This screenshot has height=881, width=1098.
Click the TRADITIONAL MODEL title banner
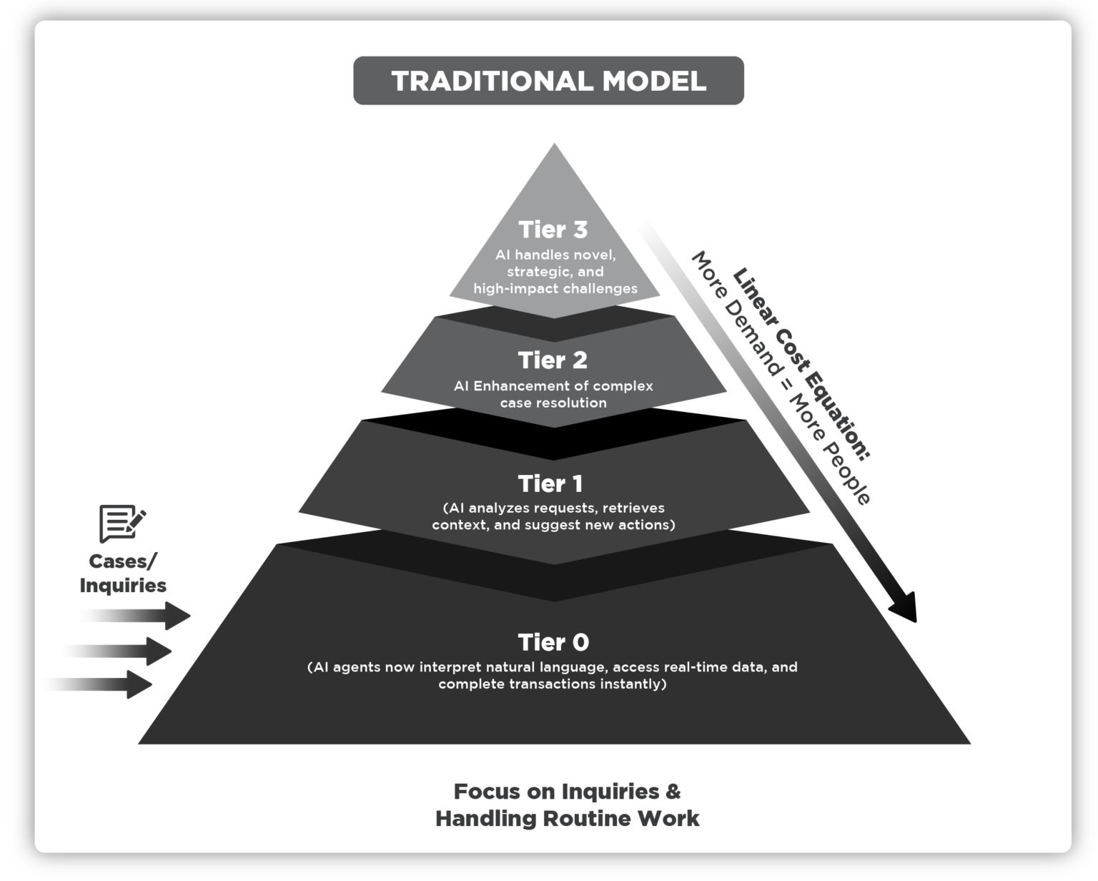(548, 81)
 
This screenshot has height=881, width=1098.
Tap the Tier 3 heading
(553, 230)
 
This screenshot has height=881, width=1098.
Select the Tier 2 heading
(553, 360)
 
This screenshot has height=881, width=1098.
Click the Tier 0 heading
(553, 642)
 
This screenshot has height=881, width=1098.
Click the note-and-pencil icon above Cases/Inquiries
(122, 523)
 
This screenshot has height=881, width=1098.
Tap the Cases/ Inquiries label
(123, 574)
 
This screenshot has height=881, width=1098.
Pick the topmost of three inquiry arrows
(143, 616)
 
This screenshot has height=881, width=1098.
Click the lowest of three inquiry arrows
(107, 684)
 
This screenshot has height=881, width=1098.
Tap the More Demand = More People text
(779, 379)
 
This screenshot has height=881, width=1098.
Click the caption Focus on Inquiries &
(567, 792)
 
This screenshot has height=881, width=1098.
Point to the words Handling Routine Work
(567, 818)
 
